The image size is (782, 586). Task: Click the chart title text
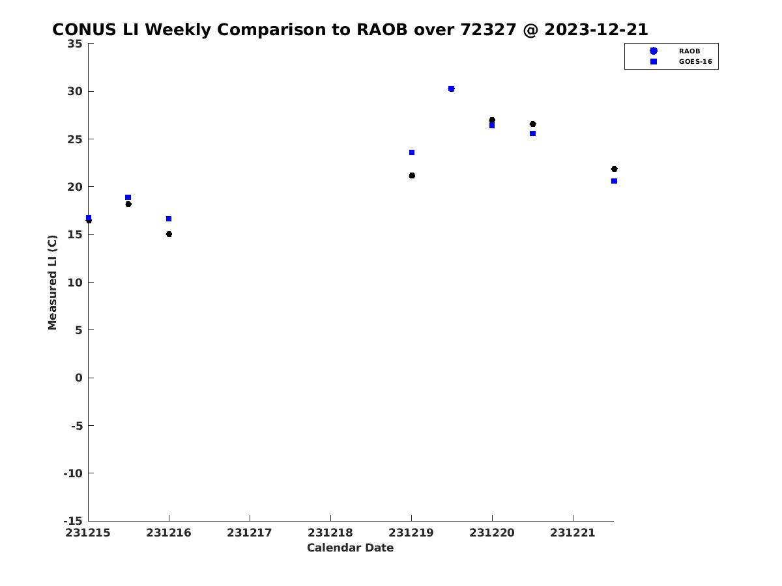pos(350,29)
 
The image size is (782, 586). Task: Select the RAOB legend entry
pos(674,51)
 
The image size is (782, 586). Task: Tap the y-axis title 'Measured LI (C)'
pos(52,283)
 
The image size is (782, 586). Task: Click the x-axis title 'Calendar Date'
pos(350,548)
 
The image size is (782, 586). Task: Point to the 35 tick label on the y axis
pos(75,44)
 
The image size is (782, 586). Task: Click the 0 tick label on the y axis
pos(79,378)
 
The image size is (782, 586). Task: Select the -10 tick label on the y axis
pos(73,473)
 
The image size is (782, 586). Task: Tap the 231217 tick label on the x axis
pos(250,533)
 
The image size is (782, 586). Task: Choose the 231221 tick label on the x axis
pos(573,533)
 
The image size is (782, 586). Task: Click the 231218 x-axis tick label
pos(330,533)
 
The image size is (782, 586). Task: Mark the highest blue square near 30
pos(451,89)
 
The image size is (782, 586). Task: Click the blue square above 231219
pos(412,152)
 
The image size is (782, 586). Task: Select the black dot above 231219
pos(412,175)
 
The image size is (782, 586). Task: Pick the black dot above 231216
pos(169,234)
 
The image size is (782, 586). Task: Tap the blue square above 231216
pos(169,219)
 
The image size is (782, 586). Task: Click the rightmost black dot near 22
pos(615,169)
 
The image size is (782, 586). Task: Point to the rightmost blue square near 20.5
pos(615,181)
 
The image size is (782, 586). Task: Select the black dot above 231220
pos(492,120)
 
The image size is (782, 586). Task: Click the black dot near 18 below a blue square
pos(128,204)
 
